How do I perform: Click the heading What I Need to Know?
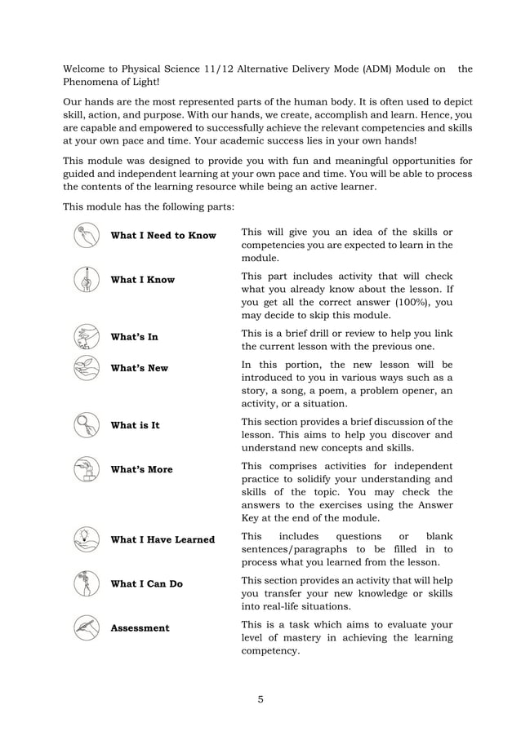[x=163, y=236]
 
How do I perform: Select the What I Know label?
[x=142, y=280]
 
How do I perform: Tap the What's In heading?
[x=134, y=337]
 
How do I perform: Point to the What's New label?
[x=139, y=368]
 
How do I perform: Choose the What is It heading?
[x=135, y=425]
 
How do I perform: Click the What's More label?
[x=141, y=470]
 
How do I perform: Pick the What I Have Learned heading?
[x=163, y=539]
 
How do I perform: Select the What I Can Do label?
[x=146, y=583]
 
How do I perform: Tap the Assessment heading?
[x=140, y=628]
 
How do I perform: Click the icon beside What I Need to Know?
[x=86, y=236]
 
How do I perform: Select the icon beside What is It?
[x=86, y=425]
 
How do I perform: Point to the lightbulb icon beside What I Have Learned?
[x=86, y=539]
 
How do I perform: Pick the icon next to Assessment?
[x=86, y=628]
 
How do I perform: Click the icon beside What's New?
[x=86, y=368]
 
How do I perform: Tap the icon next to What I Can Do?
[x=86, y=583]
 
